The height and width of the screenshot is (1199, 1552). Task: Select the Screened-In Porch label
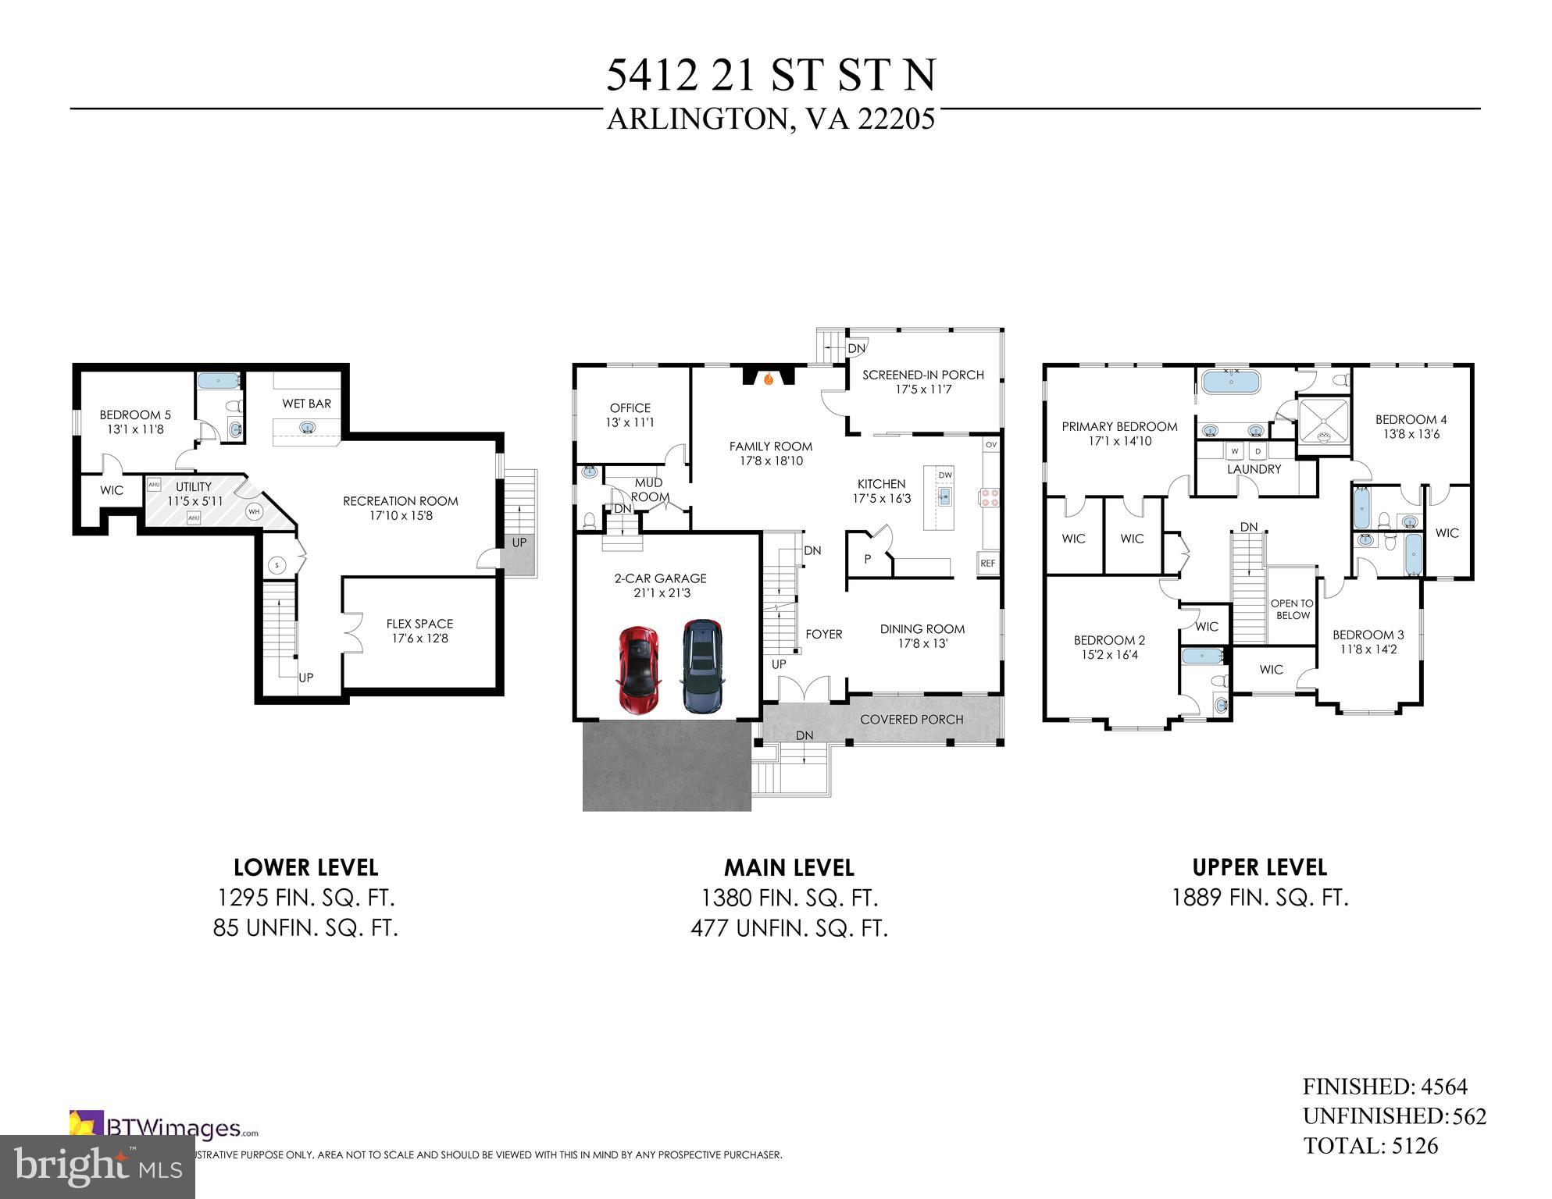click(922, 375)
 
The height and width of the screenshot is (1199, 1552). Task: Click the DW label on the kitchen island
click(945, 475)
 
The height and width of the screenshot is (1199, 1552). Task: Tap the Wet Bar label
click(307, 404)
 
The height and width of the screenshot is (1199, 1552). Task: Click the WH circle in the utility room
click(254, 512)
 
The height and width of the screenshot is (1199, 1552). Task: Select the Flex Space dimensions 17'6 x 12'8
click(420, 639)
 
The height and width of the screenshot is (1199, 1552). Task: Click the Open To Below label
click(1292, 609)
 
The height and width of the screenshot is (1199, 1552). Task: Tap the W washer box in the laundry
click(1235, 451)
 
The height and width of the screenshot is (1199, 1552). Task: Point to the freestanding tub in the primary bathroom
click(1231, 382)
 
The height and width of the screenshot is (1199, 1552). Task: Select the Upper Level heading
click(1259, 867)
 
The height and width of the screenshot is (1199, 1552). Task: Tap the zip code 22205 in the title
click(896, 119)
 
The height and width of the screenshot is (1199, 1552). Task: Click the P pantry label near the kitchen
click(867, 560)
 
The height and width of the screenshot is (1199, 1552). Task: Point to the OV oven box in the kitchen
click(991, 444)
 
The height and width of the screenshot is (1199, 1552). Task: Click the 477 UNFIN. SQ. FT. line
click(789, 928)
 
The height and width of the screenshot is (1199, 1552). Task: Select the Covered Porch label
click(912, 719)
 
